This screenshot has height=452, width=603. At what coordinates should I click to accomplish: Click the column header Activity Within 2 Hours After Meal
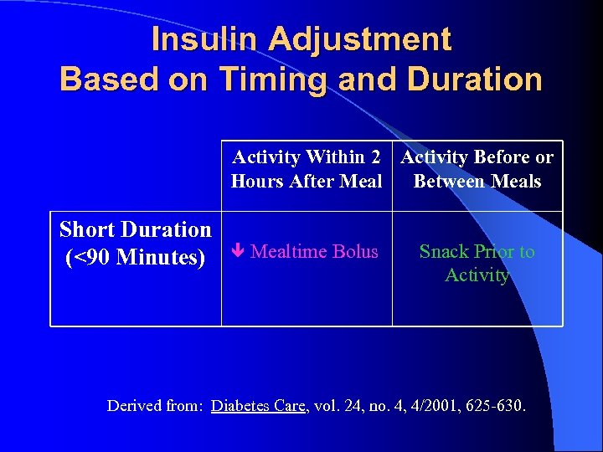307,169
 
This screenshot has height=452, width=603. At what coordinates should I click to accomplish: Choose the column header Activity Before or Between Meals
477,169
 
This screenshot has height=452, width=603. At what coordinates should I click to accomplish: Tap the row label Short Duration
136,229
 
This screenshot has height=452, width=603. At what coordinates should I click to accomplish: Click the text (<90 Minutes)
135,257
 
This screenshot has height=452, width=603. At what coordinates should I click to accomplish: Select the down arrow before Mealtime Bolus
239,252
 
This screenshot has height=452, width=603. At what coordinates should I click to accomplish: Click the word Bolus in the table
355,252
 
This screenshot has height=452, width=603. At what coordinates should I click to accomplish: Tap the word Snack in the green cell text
444,252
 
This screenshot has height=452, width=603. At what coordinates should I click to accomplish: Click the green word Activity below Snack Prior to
477,275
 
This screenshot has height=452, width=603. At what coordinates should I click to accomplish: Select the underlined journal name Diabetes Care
260,406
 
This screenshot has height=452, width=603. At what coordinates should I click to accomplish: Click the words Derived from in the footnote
156,406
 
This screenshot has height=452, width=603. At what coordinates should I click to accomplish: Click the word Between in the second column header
446,181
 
